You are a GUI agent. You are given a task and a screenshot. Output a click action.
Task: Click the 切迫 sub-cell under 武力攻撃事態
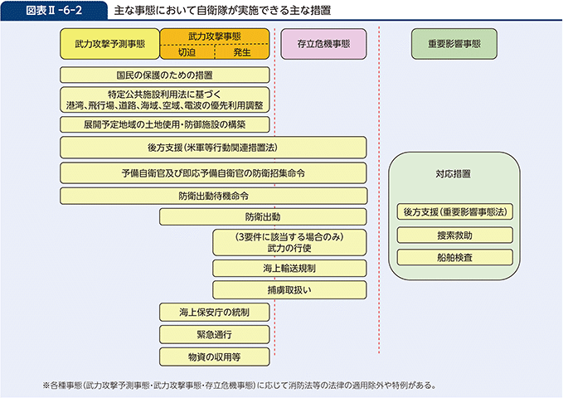[187, 52]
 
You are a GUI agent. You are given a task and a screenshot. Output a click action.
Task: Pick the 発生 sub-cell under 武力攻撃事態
[242, 52]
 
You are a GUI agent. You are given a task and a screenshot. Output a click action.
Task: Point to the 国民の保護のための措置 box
[165, 75]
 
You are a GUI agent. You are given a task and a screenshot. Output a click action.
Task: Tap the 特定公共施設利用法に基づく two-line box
[165, 99]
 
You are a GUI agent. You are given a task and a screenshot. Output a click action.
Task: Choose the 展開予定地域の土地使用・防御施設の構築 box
[165, 124]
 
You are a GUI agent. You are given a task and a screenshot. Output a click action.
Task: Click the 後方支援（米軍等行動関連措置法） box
[213, 148]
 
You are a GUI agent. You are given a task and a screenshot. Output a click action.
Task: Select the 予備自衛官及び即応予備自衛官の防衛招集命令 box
[213, 172]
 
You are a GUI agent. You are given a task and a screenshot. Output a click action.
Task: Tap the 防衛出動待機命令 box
[213, 196]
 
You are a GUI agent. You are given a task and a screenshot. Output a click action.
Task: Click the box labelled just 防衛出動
[263, 216]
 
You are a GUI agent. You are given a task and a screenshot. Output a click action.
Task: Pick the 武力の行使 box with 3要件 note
[289, 242]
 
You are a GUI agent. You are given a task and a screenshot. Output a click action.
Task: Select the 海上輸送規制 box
[289, 268]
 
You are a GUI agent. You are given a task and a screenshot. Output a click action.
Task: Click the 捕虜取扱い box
[289, 290]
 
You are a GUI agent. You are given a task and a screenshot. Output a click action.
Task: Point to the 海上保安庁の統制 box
[214, 313]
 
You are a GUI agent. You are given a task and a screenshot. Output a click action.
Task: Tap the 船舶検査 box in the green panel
[454, 258]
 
